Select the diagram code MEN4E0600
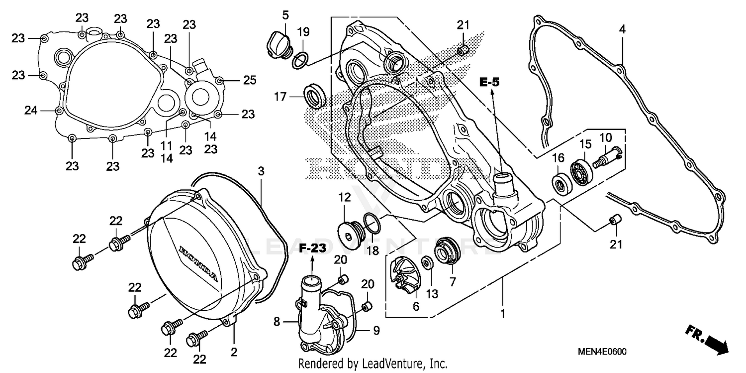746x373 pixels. click(602, 352)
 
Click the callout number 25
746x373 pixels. click(249, 80)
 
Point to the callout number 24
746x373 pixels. click(31, 110)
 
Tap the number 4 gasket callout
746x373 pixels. click(622, 29)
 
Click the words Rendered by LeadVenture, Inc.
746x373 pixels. click(373, 364)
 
